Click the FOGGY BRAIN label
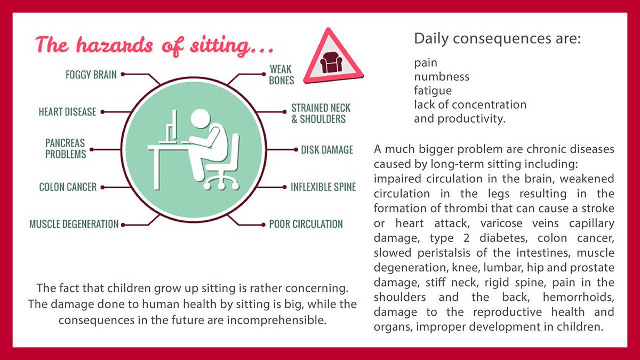(91, 75)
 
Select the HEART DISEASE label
(67, 111)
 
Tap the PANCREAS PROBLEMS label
(66, 149)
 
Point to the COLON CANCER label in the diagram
(68, 187)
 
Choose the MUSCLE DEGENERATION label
(74, 224)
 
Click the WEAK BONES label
(282, 75)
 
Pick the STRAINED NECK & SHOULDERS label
(321, 114)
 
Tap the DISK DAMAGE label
(327, 150)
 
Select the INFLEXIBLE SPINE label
(323, 187)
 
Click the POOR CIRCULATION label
(306, 224)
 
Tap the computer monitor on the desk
(171, 127)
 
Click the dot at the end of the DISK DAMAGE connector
(296, 150)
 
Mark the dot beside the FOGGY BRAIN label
(123, 74)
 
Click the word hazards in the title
(115, 46)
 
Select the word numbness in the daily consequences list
(442, 77)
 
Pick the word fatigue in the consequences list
(433, 91)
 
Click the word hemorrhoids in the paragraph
(579, 298)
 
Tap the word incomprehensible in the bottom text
(277, 321)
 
